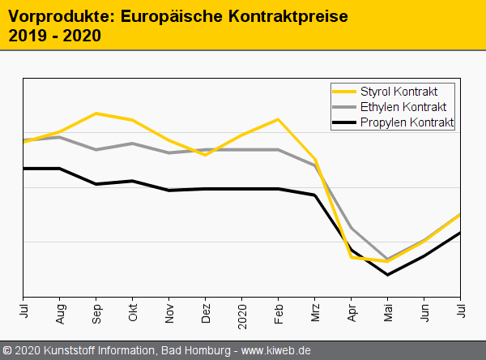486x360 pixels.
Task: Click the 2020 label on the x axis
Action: (242, 313)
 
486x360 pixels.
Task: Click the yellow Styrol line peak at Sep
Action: (97, 114)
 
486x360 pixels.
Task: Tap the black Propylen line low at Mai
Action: (388, 274)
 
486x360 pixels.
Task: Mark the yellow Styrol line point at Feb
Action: (279, 120)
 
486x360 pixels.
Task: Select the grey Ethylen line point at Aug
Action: (61, 137)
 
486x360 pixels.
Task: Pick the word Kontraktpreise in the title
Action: (280, 15)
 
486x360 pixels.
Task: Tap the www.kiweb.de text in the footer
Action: (276, 351)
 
